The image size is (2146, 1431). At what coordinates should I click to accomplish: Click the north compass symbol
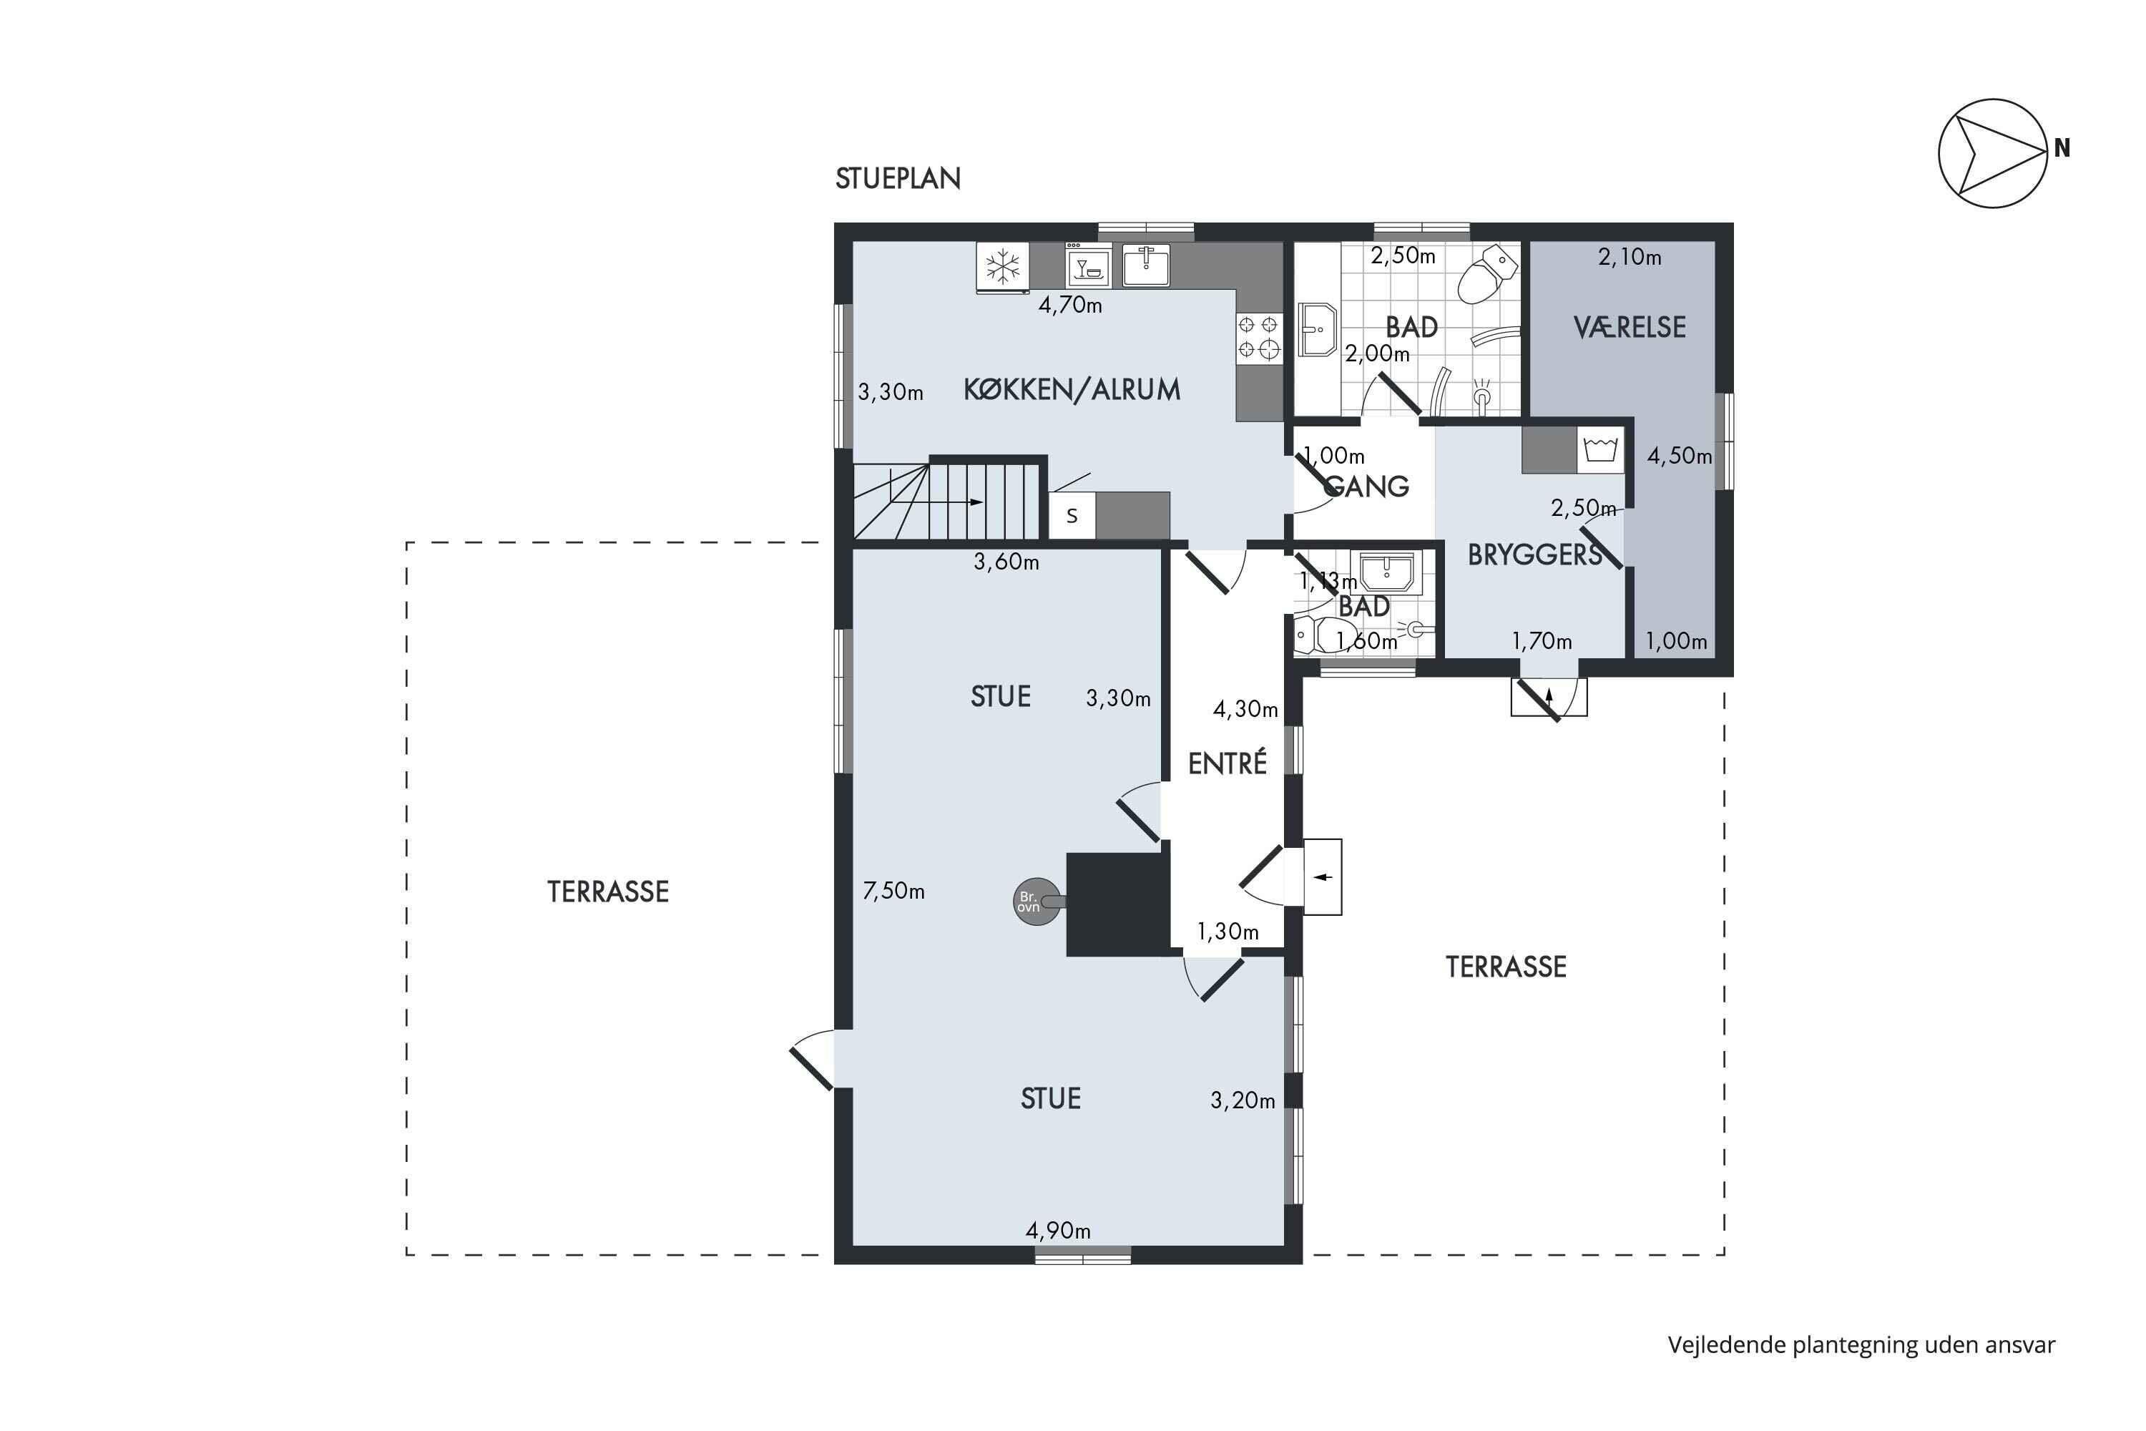[1993, 153]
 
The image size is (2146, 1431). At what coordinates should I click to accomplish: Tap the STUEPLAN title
[898, 179]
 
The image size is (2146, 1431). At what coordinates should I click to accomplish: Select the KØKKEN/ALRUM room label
[1072, 390]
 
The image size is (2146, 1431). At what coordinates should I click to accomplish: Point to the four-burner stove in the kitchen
[1258, 337]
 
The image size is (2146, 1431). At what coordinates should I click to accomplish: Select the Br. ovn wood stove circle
[1037, 902]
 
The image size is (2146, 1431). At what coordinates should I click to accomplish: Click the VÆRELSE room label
[1630, 327]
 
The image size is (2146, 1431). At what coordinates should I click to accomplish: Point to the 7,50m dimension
[893, 890]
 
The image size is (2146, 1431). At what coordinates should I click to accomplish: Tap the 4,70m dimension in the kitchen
[1070, 305]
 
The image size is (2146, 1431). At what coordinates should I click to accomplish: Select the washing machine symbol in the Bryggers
[1600, 450]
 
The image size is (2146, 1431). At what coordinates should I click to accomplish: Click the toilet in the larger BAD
[1487, 272]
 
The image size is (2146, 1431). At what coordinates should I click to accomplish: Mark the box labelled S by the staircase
[1072, 516]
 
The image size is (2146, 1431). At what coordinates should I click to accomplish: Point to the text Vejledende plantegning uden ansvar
[1861, 1345]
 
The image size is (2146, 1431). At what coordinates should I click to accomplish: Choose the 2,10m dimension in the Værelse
[1629, 258]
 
